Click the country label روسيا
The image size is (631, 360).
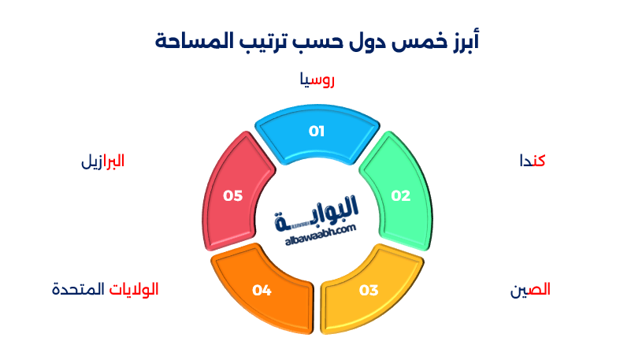(x=317, y=80)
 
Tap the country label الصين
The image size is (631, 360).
(x=530, y=290)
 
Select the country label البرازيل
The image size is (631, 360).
(x=102, y=161)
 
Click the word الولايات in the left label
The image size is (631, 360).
(x=133, y=290)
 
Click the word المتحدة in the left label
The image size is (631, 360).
(x=78, y=290)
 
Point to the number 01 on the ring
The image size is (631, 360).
(x=316, y=131)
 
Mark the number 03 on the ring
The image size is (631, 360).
(x=369, y=291)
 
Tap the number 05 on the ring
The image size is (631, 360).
(x=232, y=195)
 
